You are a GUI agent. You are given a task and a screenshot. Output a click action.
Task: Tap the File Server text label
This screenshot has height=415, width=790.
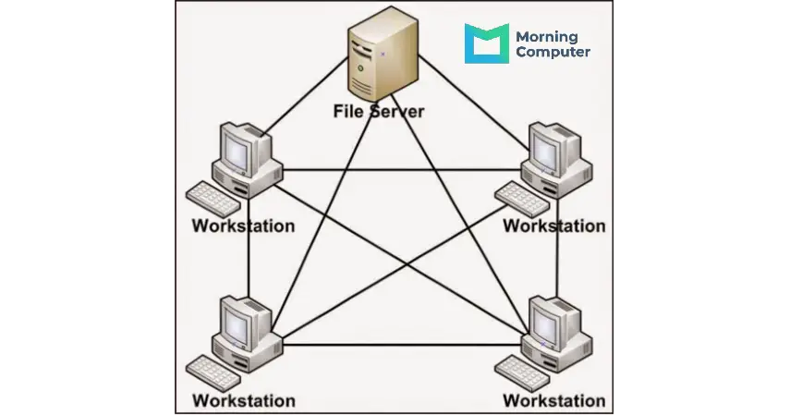tap(379, 112)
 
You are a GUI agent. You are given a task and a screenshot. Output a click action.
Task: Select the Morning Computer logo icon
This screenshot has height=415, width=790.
tap(486, 43)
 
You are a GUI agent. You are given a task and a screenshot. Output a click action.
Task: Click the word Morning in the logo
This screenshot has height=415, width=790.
tap(547, 37)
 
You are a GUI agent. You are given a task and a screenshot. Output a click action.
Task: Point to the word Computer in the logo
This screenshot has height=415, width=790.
tap(553, 52)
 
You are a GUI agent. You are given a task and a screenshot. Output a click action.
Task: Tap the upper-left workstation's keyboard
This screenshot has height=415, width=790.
tap(213, 199)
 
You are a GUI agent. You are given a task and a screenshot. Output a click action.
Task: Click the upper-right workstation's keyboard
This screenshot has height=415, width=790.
tap(522, 199)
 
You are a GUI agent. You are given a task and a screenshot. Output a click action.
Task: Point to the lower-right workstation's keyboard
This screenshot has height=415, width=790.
tap(522, 373)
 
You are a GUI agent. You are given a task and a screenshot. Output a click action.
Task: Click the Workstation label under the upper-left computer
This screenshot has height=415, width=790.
tap(243, 226)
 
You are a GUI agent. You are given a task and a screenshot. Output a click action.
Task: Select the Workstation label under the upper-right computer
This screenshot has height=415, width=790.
tap(554, 226)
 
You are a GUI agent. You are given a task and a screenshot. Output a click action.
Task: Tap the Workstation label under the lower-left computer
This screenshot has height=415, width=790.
tap(243, 401)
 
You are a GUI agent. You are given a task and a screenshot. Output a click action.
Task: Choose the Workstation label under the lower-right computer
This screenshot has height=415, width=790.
tap(554, 401)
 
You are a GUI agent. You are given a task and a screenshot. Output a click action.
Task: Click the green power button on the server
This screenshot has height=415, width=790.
tap(360, 68)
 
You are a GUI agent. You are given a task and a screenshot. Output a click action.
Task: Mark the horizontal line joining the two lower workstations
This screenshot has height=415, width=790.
tap(402, 345)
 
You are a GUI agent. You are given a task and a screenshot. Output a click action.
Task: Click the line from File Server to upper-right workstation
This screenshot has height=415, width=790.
tap(474, 103)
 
